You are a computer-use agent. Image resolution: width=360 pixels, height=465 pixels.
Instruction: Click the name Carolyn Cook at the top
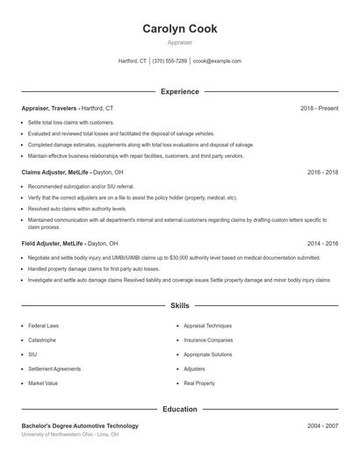coord(180,29)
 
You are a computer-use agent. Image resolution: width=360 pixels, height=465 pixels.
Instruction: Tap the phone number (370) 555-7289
coord(169,61)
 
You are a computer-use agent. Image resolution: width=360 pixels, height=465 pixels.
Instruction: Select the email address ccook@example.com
coord(217,61)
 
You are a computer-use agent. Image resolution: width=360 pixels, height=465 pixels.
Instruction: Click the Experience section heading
coord(180,91)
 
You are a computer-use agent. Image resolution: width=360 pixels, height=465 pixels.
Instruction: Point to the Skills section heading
coord(180,305)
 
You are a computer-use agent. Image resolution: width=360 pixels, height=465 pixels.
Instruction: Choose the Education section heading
coord(180,409)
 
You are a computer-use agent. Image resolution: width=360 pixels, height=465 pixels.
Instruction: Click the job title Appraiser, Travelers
coord(51,108)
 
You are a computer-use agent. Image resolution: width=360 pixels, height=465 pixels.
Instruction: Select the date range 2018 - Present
coord(319,108)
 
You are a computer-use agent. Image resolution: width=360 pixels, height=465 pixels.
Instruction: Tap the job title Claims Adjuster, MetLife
coord(55,172)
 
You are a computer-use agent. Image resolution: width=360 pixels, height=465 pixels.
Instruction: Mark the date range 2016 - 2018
coord(322,172)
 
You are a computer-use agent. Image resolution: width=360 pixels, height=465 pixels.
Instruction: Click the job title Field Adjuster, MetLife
coord(53,243)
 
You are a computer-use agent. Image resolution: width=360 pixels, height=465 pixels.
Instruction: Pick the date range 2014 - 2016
coord(322,243)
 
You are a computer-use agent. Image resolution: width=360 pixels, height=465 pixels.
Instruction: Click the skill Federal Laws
coord(44,325)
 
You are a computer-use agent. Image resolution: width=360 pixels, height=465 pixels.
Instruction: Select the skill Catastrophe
coord(42,340)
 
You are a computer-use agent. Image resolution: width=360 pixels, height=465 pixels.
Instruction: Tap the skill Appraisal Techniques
coord(207,325)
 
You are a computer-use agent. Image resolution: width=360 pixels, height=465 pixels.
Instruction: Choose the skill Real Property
coord(199,383)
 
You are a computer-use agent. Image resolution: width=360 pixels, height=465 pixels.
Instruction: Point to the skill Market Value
coord(43,383)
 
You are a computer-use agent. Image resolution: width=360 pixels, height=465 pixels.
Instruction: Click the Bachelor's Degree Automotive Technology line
coord(80,426)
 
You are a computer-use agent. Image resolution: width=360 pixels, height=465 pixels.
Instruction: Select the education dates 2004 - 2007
coord(322,426)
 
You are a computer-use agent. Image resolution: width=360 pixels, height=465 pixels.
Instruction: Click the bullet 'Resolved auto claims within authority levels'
coord(77,209)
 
